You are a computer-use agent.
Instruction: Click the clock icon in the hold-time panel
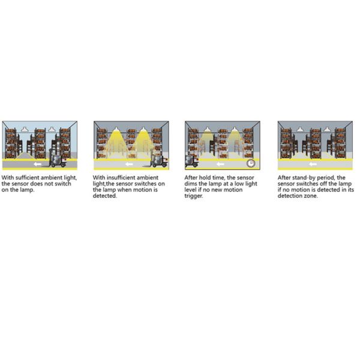tap(250, 163)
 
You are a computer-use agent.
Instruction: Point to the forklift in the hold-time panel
tap(191, 161)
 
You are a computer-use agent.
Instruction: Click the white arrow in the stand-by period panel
tap(313, 164)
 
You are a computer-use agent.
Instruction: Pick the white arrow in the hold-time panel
tap(220, 164)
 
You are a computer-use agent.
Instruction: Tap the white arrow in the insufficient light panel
tap(129, 164)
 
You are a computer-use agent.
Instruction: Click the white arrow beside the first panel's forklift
tap(37, 164)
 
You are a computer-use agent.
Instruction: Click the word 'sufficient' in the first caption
tap(28, 178)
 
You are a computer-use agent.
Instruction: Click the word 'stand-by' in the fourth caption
tap(302, 178)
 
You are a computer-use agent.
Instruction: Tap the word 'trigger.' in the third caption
tap(194, 196)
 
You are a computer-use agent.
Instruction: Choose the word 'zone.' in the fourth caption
tap(311, 196)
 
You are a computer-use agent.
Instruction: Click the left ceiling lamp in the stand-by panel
tap(300, 129)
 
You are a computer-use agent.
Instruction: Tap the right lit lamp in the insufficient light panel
tap(143, 130)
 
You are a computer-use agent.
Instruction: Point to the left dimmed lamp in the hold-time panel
tap(208, 130)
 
